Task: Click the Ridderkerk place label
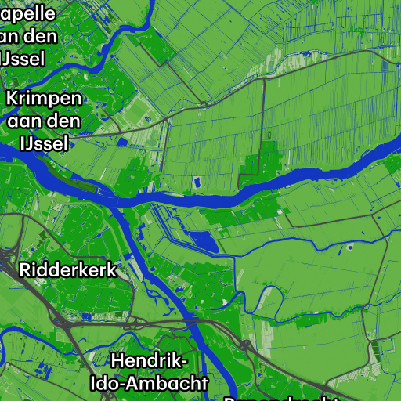pos(67,270)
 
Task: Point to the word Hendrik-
pos(150,361)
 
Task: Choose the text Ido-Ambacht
pos(150,384)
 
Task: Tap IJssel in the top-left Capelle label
pos(23,58)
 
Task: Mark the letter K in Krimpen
pos(13,99)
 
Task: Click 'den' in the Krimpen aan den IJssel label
pos(64,121)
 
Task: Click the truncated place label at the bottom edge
pos(282,398)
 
